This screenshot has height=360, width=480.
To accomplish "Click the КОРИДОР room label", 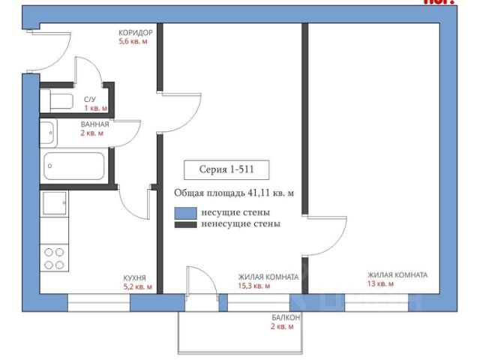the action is [135, 33].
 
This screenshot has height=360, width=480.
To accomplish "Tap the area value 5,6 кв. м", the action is [133, 42].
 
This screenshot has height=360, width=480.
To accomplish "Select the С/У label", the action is [89, 100].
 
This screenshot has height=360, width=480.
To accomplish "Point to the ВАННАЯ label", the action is [94, 124].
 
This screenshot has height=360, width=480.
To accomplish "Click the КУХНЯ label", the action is [135, 277].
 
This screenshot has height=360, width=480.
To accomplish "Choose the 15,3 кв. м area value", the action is [254, 286].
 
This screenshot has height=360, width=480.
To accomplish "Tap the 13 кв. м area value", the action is [381, 284].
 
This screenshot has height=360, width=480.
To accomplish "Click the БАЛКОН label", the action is [286, 318].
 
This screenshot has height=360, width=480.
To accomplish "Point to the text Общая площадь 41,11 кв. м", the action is [233, 193].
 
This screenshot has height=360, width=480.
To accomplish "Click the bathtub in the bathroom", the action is [73, 166].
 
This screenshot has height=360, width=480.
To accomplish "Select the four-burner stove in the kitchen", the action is [55, 258].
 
